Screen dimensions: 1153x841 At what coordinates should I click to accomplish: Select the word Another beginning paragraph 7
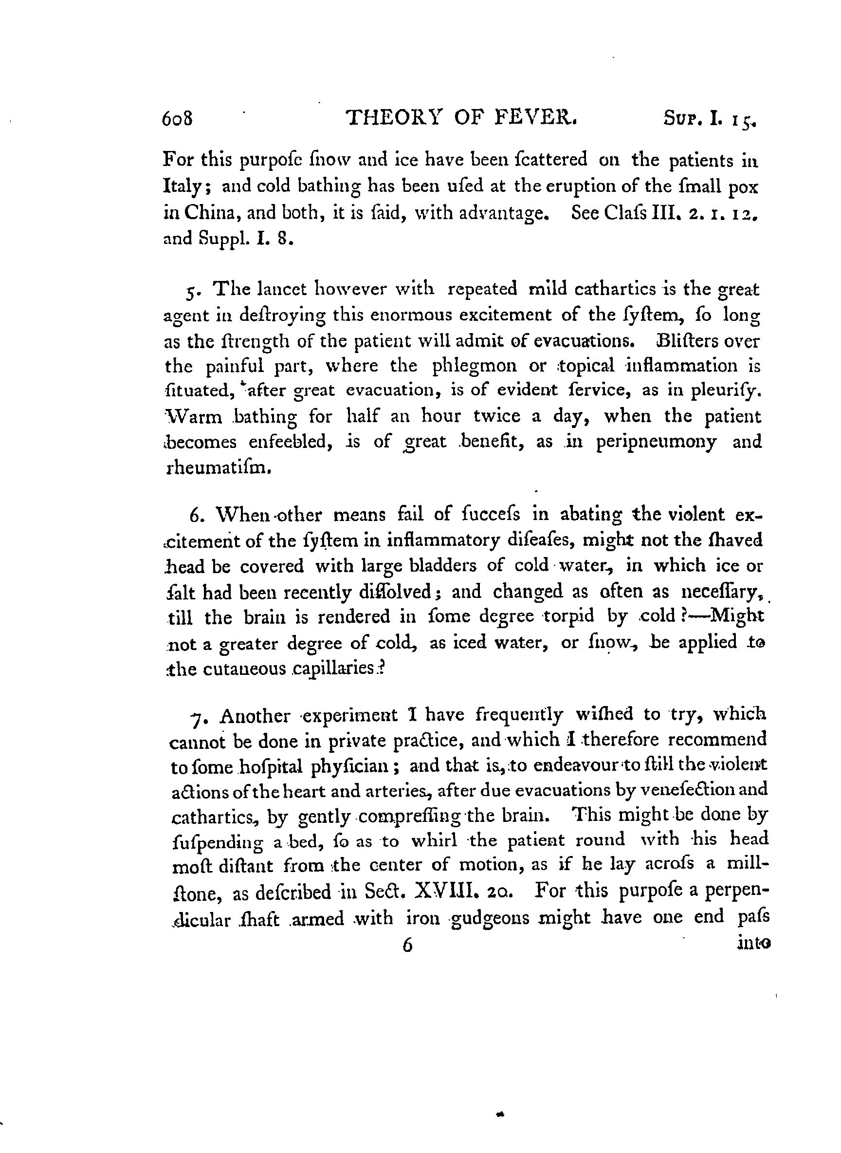click(x=255, y=716)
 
